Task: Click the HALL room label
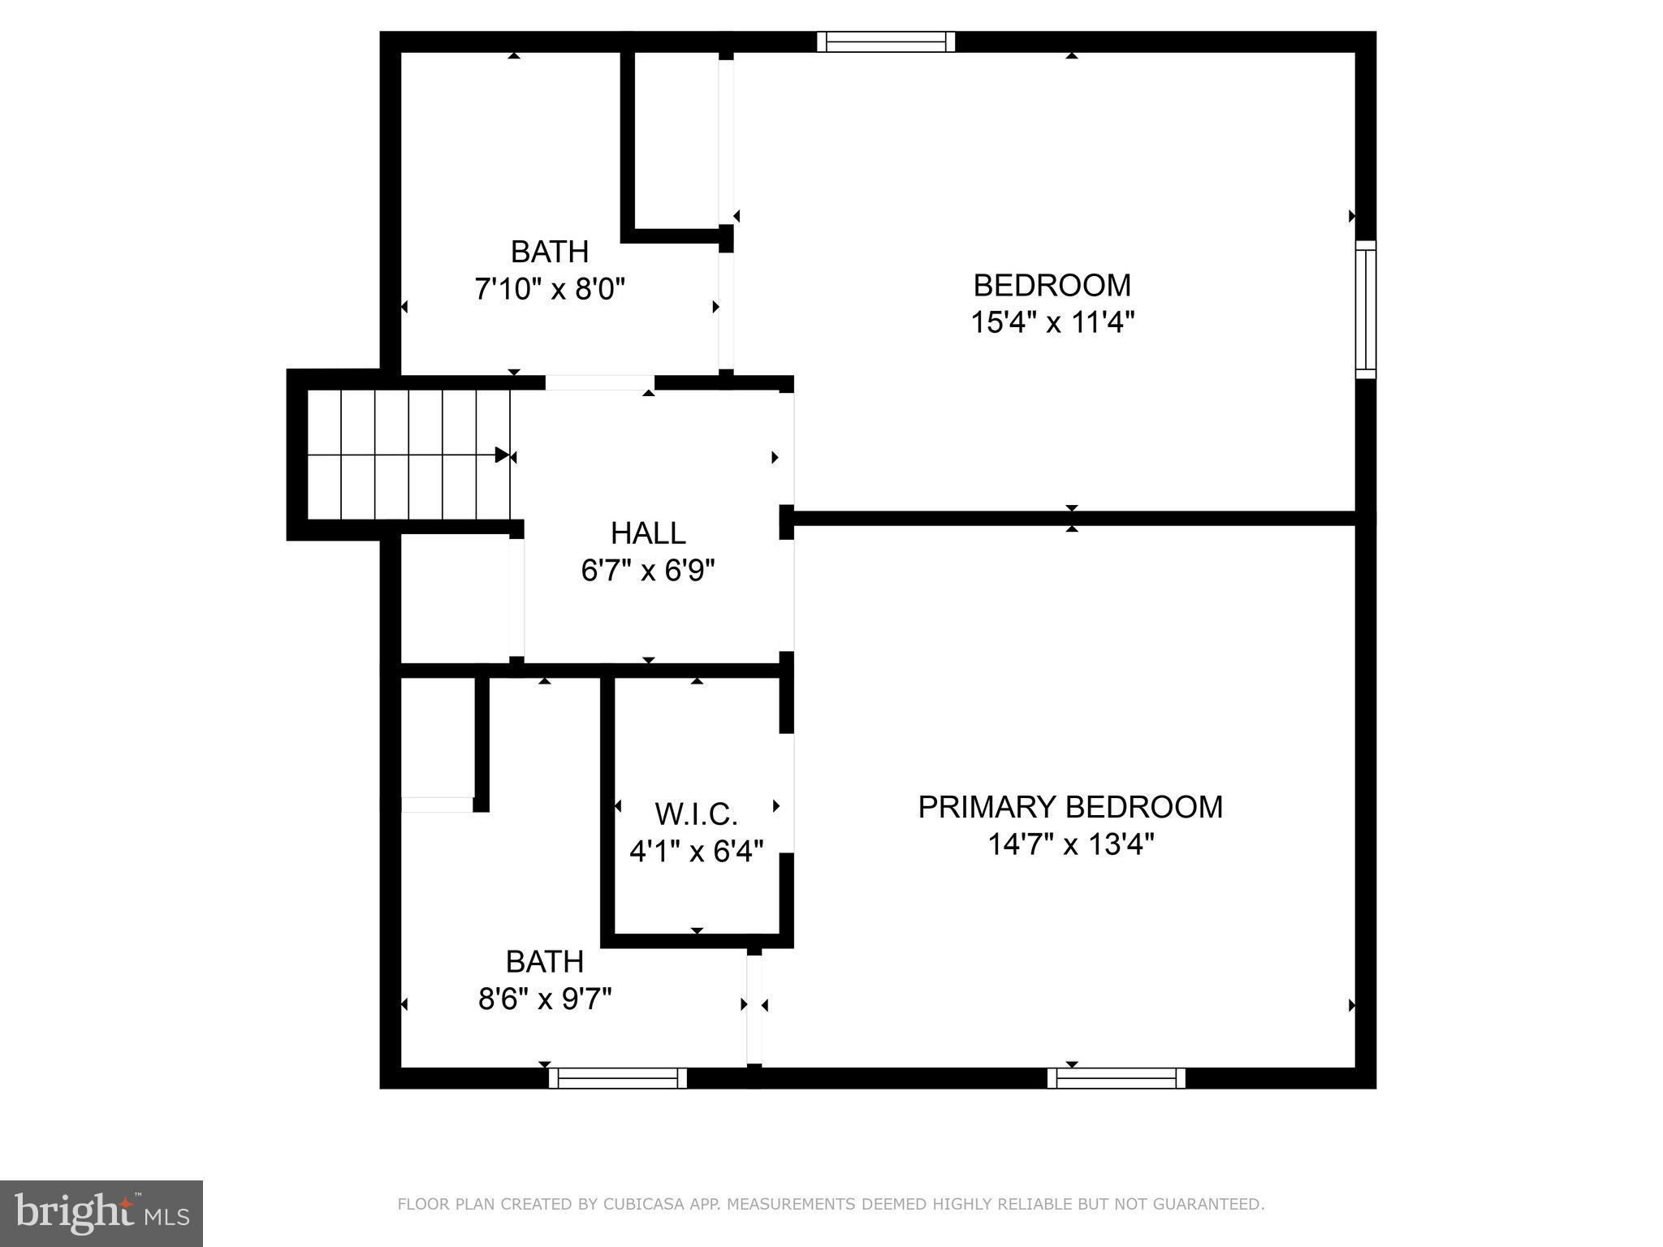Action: pyautogui.click(x=648, y=533)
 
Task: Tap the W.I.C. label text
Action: pyautogui.click(x=696, y=813)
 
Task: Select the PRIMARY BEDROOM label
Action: pyautogui.click(x=1070, y=807)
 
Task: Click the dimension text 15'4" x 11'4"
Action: pyautogui.click(x=1052, y=323)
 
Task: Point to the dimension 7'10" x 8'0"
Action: pyautogui.click(x=550, y=289)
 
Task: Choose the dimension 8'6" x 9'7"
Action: pyautogui.click(x=545, y=999)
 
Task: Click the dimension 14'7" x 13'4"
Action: pyautogui.click(x=1070, y=845)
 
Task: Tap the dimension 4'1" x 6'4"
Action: pyautogui.click(x=696, y=852)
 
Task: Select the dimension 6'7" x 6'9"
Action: pyautogui.click(x=648, y=571)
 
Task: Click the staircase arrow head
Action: pyautogui.click(x=502, y=455)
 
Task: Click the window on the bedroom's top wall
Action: pyautogui.click(x=886, y=41)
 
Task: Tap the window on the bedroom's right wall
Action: pyautogui.click(x=1366, y=309)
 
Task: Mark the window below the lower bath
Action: pyautogui.click(x=618, y=1078)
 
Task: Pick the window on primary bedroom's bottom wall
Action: pyautogui.click(x=1117, y=1078)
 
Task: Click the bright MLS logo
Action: pyautogui.click(x=102, y=1214)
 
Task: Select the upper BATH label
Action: pyautogui.click(x=550, y=252)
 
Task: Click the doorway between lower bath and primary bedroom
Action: pyautogui.click(x=754, y=1009)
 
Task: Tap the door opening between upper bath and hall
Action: pyautogui.click(x=599, y=382)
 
